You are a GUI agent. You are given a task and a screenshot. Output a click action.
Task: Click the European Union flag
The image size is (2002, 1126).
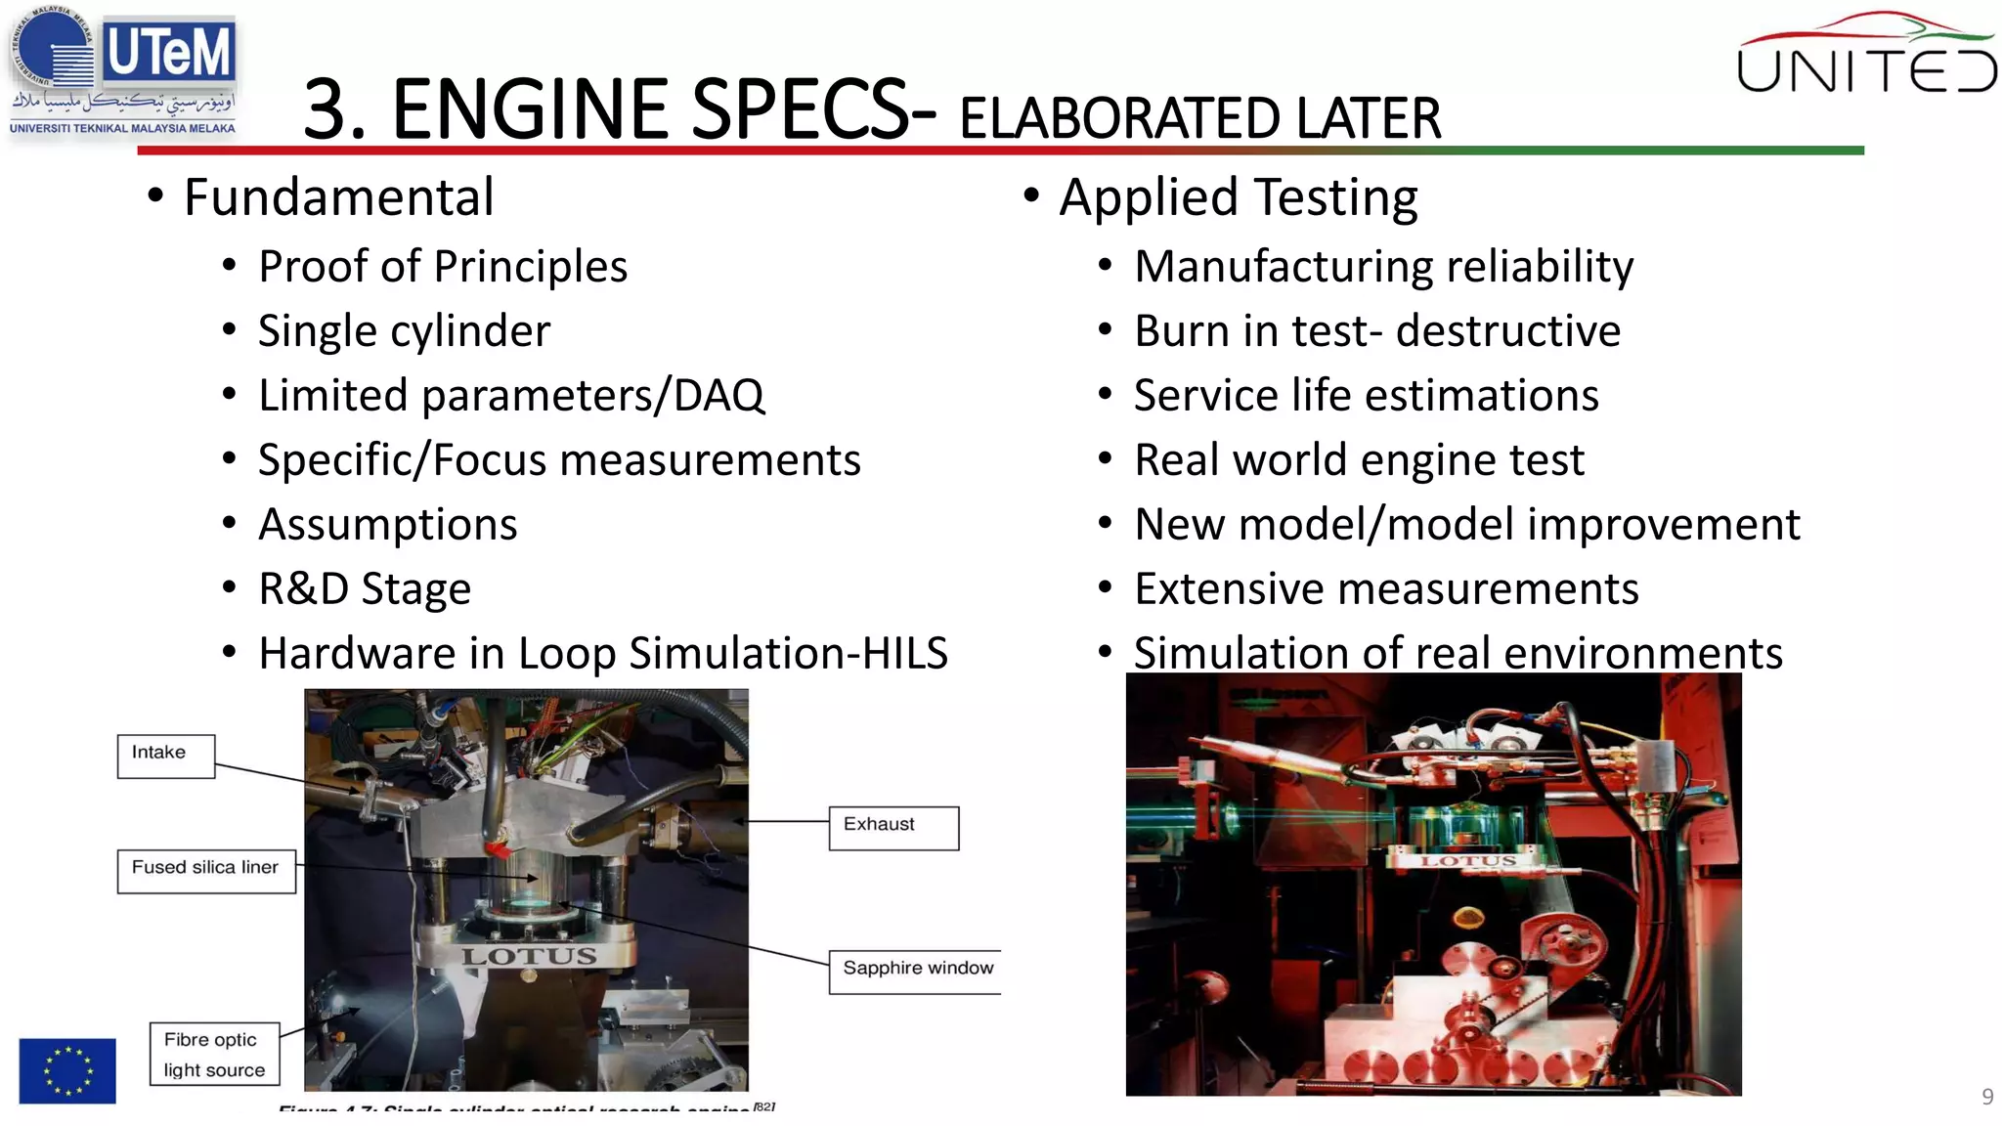[x=67, y=1070]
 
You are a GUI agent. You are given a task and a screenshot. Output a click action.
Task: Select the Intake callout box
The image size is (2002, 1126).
[x=165, y=756]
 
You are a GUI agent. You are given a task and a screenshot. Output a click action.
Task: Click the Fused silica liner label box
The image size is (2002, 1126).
[x=206, y=870]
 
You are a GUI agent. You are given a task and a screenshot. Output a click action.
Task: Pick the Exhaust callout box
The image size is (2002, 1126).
[x=892, y=828]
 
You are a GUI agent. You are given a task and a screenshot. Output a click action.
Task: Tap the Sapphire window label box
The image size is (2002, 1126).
[x=916, y=971]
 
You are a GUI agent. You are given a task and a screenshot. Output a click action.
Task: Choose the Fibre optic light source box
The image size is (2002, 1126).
[x=214, y=1055]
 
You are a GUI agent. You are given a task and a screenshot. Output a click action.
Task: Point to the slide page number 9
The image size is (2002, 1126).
[x=1986, y=1097]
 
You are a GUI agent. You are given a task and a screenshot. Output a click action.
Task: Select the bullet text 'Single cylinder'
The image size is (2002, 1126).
[x=404, y=331]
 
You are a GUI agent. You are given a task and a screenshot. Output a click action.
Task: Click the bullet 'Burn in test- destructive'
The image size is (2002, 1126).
[x=1376, y=331]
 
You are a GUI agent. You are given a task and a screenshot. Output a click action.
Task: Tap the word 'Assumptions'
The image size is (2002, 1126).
[x=387, y=525]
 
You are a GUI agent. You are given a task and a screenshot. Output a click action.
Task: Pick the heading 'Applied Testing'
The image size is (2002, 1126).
[x=1238, y=198]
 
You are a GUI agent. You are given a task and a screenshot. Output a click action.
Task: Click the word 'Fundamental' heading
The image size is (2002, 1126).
[x=338, y=198]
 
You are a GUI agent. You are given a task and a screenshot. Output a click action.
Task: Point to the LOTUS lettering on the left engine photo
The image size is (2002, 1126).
[x=529, y=956]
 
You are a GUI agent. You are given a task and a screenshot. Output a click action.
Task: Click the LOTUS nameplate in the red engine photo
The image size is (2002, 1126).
[x=1468, y=861]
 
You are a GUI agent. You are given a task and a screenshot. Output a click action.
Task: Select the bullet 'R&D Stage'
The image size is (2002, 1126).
[x=364, y=589]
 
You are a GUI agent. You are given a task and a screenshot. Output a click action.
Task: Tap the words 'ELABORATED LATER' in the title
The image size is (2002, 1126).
[x=1199, y=118]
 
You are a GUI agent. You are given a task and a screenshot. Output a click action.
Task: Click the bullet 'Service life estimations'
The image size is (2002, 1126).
[x=1366, y=396]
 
